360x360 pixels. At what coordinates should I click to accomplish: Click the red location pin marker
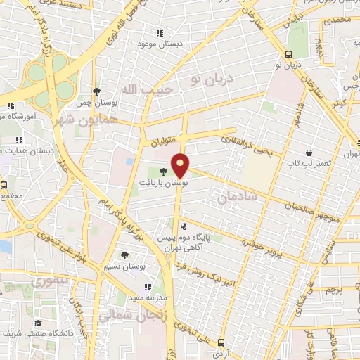[x=181, y=165]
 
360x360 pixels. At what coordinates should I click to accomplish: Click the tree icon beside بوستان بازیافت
[x=163, y=171]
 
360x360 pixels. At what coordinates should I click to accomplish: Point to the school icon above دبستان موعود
[x=160, y=33]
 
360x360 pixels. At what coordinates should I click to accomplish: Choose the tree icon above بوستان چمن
[x=97, y=91]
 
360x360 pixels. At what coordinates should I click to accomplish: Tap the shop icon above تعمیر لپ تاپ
[x=309, y=152]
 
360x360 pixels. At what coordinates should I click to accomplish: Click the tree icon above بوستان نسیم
[x=124, y=256]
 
